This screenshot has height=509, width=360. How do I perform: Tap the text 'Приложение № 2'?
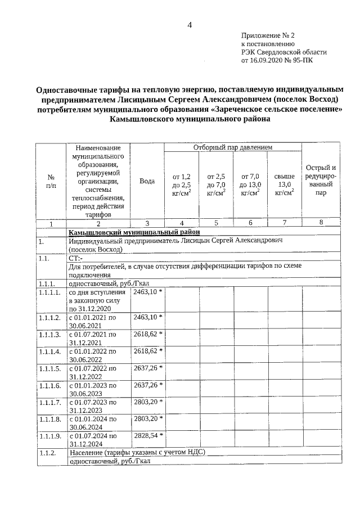click(267, 35)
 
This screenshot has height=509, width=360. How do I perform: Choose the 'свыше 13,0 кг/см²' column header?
click(284, 184)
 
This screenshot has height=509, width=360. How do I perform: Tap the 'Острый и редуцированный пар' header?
click(321, 180)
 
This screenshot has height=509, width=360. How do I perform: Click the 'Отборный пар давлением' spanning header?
click(233, 147)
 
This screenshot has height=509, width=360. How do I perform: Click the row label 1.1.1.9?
click(49, 435)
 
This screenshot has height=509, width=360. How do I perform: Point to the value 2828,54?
click(146, 435)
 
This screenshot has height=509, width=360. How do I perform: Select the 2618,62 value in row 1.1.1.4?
click(146, 351)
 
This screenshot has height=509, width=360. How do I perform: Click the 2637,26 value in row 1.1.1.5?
click(146, 368)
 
